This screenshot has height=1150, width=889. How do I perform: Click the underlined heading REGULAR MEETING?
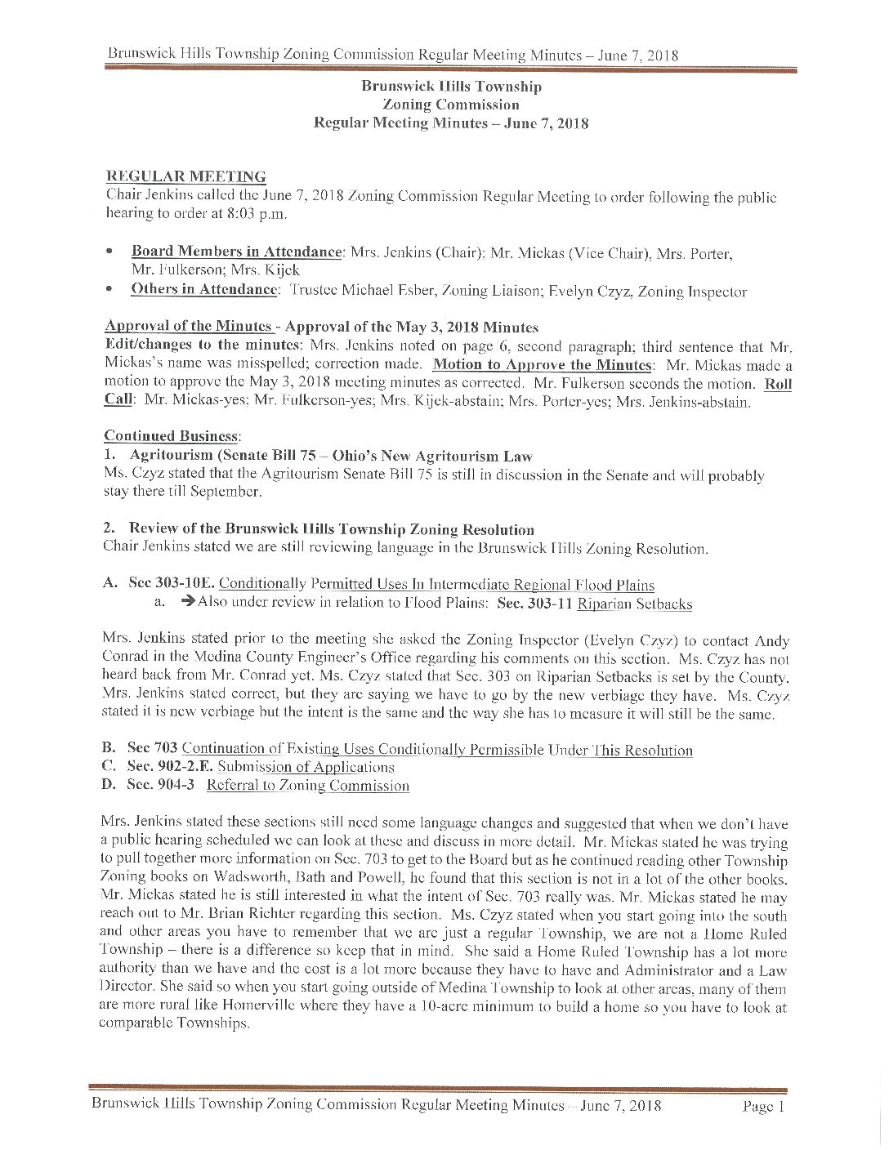click(x=186, y=176)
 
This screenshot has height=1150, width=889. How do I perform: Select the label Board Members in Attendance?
click(x=236, y=252)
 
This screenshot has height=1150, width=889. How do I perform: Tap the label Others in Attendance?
click(x=203, y=289)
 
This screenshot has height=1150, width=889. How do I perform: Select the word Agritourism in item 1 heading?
click(x=172, y=456)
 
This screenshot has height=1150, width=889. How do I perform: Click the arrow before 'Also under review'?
click(x=188, y=603)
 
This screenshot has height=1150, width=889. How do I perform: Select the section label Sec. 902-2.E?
click(x=169, y=767)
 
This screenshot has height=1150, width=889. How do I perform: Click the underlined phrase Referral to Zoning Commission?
click(x=307, y=786)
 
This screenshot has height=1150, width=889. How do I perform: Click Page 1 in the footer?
click(x=763, y=1107)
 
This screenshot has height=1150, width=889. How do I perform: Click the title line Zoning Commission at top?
click(x=450, y=105)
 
